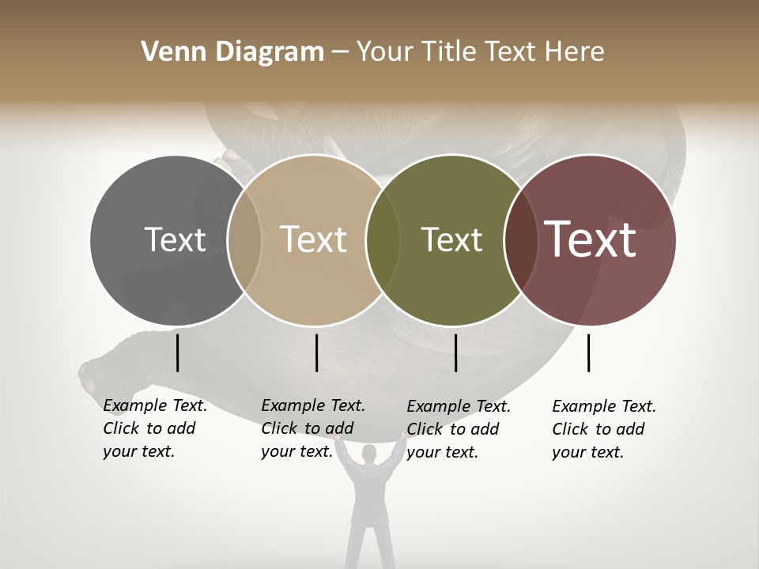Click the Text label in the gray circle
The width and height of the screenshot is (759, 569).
(175, 239)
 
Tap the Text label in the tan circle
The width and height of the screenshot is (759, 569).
(313, 239)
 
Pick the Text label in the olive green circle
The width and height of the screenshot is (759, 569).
(451, 239)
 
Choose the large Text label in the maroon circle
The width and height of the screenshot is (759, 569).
(590, 239)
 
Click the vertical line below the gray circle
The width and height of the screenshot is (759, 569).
(177, 352)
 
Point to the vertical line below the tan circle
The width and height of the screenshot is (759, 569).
(316, 352)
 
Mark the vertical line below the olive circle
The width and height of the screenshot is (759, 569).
(455, 352)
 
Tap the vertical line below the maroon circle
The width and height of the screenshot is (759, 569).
(588, 352)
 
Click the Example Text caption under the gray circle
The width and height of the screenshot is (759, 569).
(155, 428)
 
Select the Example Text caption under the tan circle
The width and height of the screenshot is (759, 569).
(313, 428)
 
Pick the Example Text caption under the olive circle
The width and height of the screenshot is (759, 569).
(459, 429)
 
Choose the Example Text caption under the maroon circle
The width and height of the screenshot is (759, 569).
(604, 429)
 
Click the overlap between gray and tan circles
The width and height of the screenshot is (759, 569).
(244, 239)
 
